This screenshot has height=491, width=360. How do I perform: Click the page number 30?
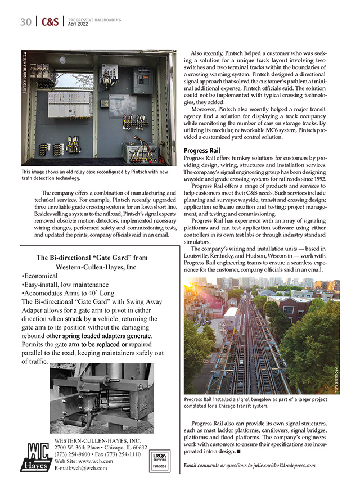pos(25,22)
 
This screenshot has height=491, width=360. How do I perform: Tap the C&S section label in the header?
pos(50,22)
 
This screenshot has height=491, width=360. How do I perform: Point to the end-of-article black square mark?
pos(238,451)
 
